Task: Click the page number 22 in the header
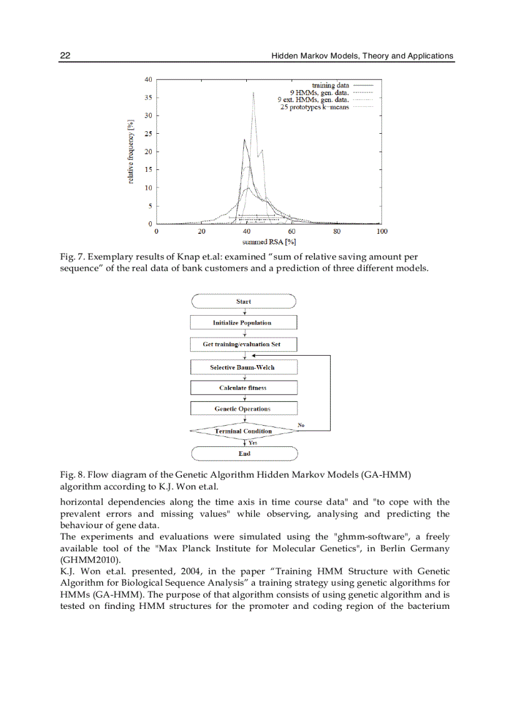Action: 64,56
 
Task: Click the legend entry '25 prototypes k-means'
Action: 314,108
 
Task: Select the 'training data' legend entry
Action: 330,85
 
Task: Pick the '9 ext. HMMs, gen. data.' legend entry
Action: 312,100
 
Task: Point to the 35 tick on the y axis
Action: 148,98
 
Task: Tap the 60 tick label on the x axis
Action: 292,231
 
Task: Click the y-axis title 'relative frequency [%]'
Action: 132,152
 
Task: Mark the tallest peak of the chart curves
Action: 253,93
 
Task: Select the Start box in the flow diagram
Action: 244,301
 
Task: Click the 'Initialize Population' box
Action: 242,323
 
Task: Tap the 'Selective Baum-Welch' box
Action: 242,368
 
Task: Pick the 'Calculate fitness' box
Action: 242,388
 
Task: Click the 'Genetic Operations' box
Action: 242,409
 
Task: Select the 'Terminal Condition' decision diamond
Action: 243,431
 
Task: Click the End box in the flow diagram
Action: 244,454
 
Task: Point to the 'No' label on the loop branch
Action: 301,425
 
